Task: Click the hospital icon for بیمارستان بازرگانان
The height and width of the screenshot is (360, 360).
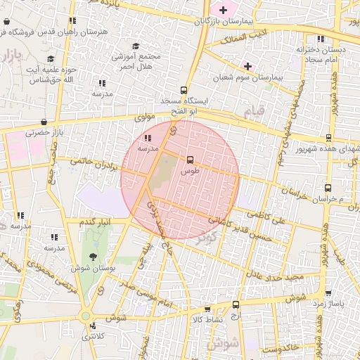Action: [224, 10]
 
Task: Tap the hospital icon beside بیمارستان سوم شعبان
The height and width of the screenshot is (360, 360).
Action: [247, 66]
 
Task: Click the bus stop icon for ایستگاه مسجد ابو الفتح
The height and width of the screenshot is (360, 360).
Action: [184, 90]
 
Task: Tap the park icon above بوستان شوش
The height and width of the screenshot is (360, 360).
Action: [93, 257]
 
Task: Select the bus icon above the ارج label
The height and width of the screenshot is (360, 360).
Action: [235, 305]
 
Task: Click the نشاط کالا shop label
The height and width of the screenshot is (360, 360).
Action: [206, 319]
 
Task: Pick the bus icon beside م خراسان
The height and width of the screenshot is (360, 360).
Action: [328, 188]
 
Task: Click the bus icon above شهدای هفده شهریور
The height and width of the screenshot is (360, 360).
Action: [328, 138]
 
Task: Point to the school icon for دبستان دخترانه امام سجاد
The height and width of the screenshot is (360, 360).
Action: [321, 39]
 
